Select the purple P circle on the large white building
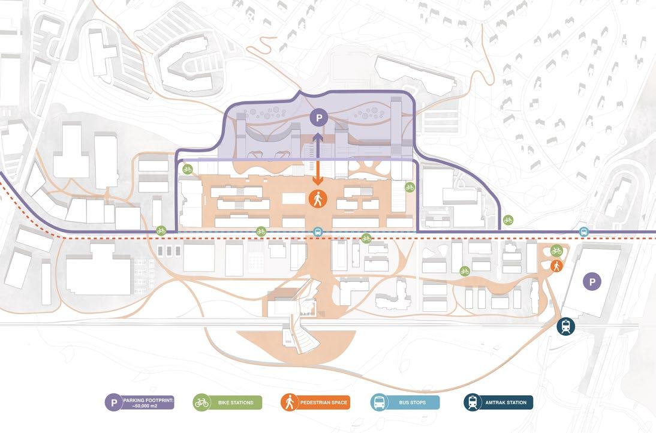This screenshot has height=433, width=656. click(592, 281)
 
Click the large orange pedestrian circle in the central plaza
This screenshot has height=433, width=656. click(318, 199)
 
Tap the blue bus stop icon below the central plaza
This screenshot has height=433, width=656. click(318, 232)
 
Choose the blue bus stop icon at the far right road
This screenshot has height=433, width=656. click(583, 232)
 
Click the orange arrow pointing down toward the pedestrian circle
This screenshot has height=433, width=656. click(318, 174)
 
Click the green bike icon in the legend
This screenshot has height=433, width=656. click(201, 402)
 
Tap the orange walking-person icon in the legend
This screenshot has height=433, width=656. click(290, 402)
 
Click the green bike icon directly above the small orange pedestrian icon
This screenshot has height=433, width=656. click(556, 251)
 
